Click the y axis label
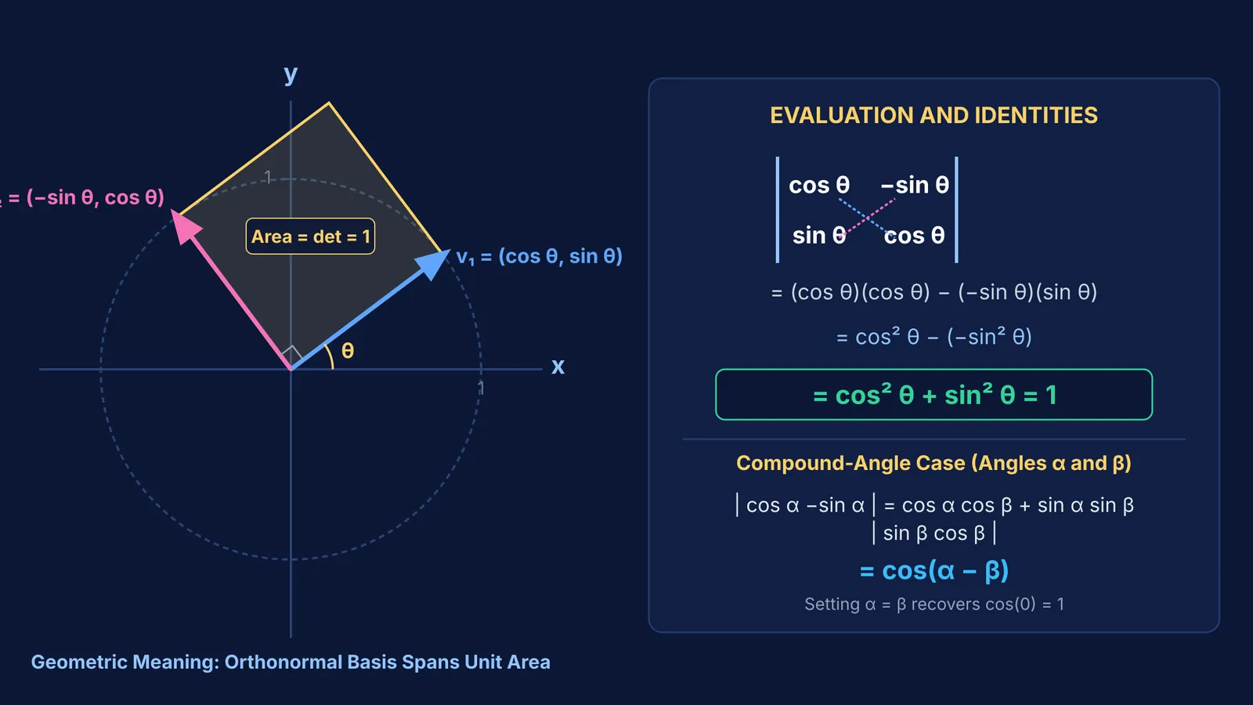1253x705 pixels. [291, 74]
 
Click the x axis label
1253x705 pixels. [558, 367]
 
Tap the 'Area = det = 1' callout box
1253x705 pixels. [310, 236]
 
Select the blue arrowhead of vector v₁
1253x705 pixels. [434, 264]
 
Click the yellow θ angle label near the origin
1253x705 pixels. [348, 351]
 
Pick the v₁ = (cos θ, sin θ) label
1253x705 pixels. [540, 256]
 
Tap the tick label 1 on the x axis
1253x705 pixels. [481, 387]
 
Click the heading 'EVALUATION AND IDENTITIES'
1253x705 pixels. [933, 115]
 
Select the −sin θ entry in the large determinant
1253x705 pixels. [915, 185]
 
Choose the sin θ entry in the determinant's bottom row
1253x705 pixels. [819, 236]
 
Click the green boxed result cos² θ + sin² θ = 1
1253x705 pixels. [933, 395]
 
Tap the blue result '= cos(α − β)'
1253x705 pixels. [933, 571]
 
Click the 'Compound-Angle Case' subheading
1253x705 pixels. [933, 463]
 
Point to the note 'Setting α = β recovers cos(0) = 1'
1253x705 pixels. [933, 604]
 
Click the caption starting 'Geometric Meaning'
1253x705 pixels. [291, 662]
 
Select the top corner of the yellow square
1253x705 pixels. [329, 103]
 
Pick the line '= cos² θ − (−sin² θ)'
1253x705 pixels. [933, 337]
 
